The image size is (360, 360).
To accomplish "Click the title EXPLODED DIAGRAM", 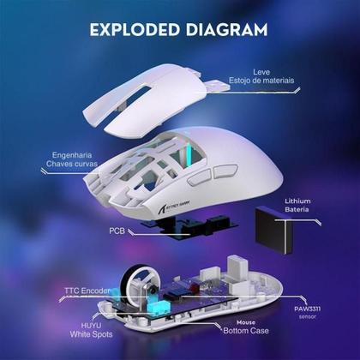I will (x=179, y=29).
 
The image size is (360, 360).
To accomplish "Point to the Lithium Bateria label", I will (x=297, y=206).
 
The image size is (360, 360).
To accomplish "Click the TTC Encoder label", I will (x=87, y=291).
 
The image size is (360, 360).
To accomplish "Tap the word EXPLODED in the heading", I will (x=134, y=29).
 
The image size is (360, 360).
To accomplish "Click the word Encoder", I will (x=96, y=291).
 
